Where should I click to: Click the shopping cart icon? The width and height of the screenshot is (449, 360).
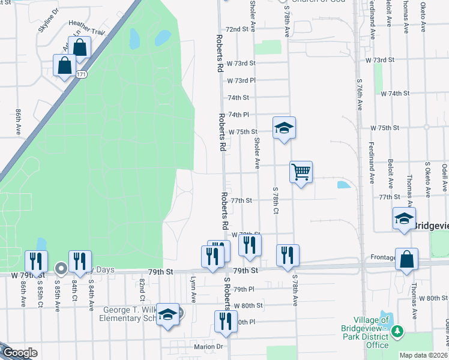point(301,172)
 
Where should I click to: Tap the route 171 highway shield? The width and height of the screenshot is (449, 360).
point(81,74)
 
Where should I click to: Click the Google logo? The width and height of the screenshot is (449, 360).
point(20,353)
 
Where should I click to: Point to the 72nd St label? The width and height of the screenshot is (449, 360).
point(237,29)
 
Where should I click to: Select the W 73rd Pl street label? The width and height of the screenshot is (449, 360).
point(241,80)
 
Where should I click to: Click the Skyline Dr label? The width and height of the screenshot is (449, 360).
point(49,20)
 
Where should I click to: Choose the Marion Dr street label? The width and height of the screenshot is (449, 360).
point(208,346)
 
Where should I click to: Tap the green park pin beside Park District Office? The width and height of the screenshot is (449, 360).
point(396,331)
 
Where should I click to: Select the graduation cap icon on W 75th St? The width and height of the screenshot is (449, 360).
point(284,127)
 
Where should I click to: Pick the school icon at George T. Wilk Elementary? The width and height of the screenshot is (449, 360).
point(168,314)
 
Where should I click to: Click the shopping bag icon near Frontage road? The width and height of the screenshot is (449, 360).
point(406,260)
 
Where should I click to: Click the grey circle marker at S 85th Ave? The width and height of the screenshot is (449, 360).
point(61,268)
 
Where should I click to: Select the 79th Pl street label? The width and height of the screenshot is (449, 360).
point(244,289)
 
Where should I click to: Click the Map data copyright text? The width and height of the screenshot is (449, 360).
point(423,355)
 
